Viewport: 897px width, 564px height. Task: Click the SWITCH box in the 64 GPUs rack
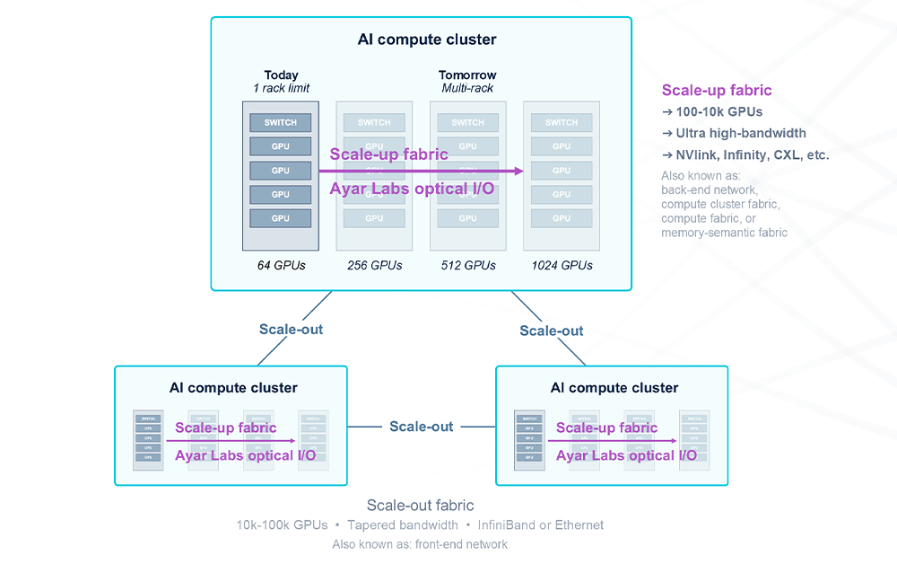point(281,122)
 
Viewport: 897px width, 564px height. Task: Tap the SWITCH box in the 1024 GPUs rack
point(562,122)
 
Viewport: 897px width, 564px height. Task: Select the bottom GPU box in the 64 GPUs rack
point(281,218)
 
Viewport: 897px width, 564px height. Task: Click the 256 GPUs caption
point(374,265)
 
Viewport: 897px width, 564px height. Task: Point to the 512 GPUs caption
point(468,265)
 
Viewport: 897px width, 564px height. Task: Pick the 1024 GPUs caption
point(562,265)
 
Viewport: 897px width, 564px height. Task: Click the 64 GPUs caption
point(281,265)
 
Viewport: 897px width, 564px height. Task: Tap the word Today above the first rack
point(281,75)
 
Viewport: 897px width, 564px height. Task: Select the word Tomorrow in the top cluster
point(467,75)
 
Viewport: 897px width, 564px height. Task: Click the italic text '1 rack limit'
point(281,88)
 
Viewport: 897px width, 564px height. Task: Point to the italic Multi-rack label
point(467,88)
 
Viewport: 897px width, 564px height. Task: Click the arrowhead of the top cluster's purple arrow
point(519,171)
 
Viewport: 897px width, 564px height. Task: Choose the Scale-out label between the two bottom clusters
point(421,427)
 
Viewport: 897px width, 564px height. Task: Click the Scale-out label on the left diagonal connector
point(291,329)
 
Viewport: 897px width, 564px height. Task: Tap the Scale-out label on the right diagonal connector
point(552,330)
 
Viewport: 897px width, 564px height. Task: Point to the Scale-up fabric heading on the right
point(717,90)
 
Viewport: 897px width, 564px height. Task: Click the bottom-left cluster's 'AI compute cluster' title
point(233,388)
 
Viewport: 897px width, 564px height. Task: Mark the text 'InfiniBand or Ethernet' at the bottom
point(541,524)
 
